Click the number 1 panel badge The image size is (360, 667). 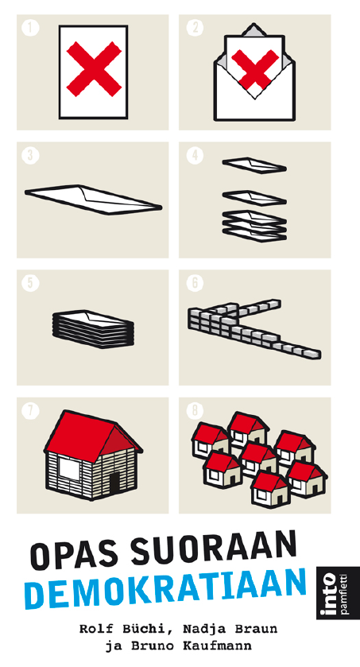(x=30, y=28)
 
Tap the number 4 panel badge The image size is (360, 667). (x=195, y=156)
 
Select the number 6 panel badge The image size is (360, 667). (x=195, y=283)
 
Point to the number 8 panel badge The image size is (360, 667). (x=195, y=411)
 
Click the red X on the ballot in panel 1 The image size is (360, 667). (x=94, y=68)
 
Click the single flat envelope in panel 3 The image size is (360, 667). (x=93, y=199)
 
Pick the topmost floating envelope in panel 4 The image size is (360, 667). (x=254, y=165)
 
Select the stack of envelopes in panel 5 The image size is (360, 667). (x=93, y=328)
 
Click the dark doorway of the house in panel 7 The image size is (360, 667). (x=114, y=483)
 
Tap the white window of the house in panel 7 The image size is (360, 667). (x=69, y=468)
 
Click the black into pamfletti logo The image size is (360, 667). (x=332, y=591)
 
